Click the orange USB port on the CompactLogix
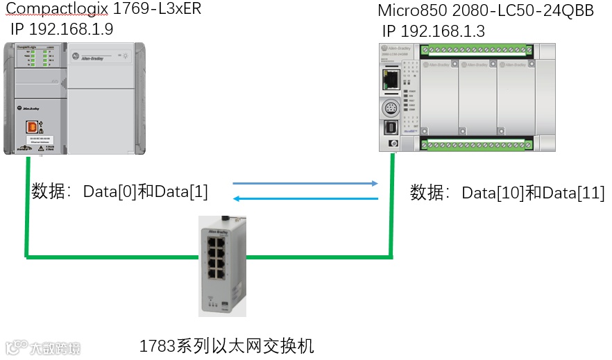[x=31, y=127]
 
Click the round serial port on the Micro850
[x=389, y=108]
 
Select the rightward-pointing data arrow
[x=305, y=184]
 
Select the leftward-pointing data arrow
[x=305, y=199]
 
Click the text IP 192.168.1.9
[x=62, y=30]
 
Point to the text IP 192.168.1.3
[x=433, y=31]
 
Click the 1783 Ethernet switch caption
[x=227, y=345]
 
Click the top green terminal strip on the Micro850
[x=477, y=50]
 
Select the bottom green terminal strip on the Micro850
[x=477, y=144]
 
